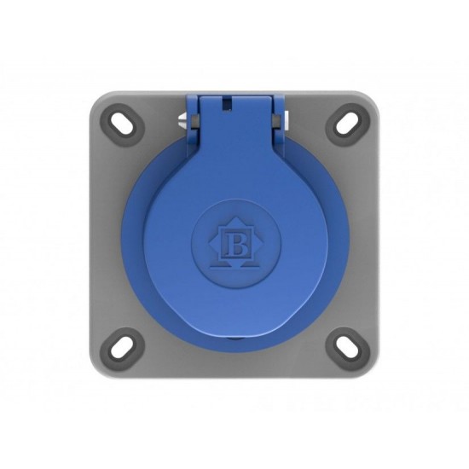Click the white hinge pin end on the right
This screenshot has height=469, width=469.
(x=287, y=117)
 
